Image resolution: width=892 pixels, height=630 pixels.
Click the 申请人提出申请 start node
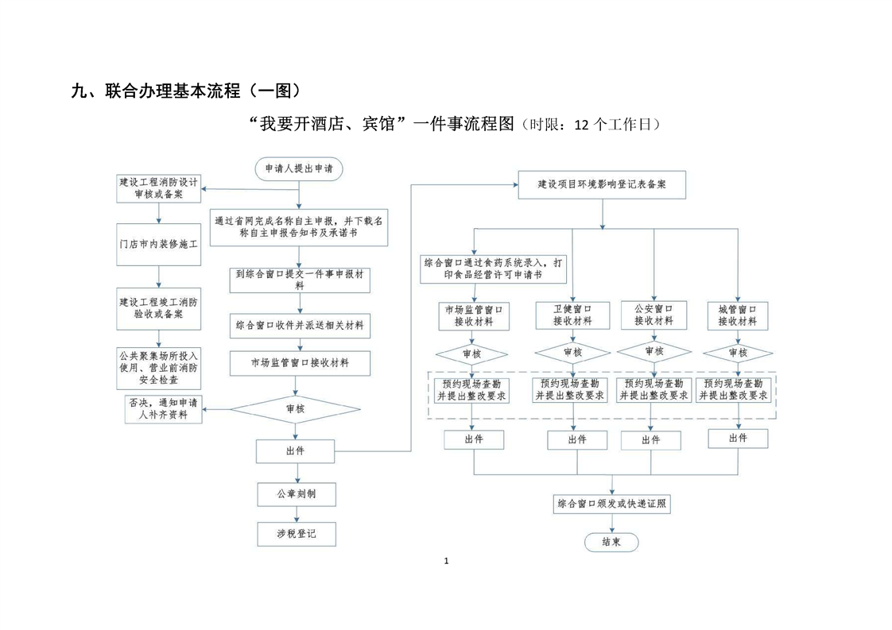[x=299, y=168]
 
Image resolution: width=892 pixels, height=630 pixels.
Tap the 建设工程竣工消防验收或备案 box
[x=158, y=307]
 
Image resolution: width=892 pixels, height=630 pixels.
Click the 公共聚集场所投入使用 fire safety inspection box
[x=158, y=368]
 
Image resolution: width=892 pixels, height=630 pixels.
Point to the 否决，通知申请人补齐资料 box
[x=162, y=408]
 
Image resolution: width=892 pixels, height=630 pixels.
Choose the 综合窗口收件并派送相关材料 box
[x=300, y=325]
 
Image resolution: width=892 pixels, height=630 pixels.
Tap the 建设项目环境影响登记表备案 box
[x=602, y=184]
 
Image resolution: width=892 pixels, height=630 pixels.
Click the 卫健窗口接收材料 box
[x=572, y=315]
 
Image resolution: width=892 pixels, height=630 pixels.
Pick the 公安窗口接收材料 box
[x=653, y=315]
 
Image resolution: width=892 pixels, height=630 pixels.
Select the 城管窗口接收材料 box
[x=737, y=315]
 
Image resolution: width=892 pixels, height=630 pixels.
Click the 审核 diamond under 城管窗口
[x=737, y=352]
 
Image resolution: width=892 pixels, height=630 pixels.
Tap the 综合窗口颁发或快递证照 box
[x=611, y=504]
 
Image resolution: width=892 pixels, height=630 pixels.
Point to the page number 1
[x=446, y=561]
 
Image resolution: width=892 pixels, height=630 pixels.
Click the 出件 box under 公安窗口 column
[x=650, y=439]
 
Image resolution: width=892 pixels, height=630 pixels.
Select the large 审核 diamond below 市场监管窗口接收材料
[x=295, y=408]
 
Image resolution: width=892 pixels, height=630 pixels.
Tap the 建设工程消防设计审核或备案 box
[x=158, y=187]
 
